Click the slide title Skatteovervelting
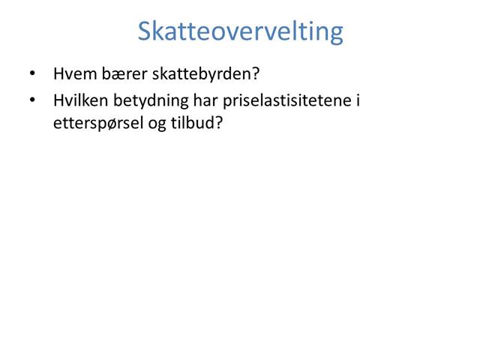point(240,31)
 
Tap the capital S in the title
point(146,31)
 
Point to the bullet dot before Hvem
point(31,74)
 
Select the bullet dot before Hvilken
point(31,99)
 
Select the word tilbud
point(196,121)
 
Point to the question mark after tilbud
point(220,121)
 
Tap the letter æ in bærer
point(112,75)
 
